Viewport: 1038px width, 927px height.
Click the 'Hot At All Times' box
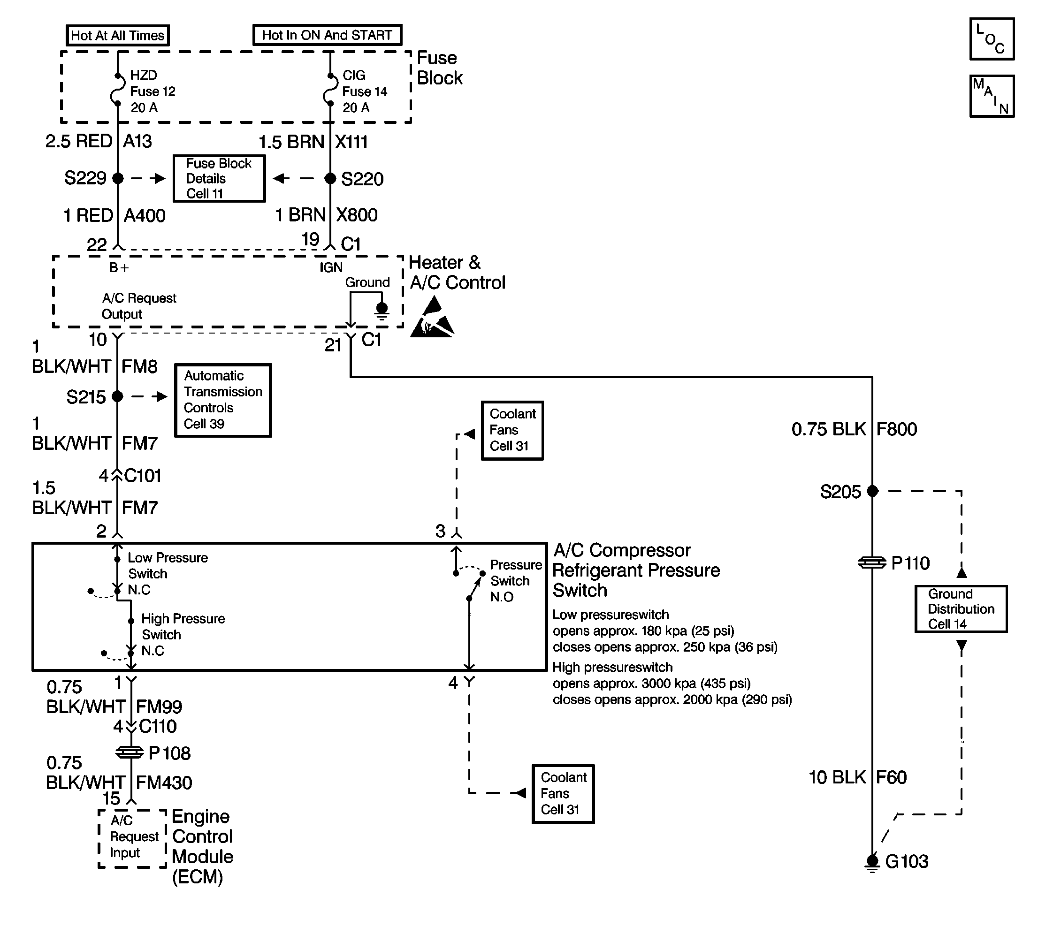[118, 35]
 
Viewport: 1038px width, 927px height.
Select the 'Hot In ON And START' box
[327, 35]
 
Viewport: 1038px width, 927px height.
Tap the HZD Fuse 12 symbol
[118, 90]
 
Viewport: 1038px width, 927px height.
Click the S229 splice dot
[118, 178]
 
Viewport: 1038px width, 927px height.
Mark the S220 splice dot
[330, 178]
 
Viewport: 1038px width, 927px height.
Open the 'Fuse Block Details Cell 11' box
[219, 178]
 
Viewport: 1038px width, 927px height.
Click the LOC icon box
[992, 39]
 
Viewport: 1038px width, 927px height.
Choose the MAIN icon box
[992, 96]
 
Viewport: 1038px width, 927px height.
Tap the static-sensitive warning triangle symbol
[432, 319]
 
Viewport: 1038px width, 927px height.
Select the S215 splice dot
[118, 396]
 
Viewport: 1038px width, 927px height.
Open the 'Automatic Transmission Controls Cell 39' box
[223, 400]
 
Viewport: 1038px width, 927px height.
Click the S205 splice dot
[872, 491]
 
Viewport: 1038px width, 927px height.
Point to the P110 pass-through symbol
[872, 563]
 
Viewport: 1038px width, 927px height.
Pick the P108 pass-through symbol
[130, 752]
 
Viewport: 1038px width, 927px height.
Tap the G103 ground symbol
[872, 862]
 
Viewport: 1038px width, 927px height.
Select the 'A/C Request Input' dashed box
[132, 838]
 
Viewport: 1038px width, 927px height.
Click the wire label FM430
[164, 783]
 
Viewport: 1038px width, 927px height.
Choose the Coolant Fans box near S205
[512, 430]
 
